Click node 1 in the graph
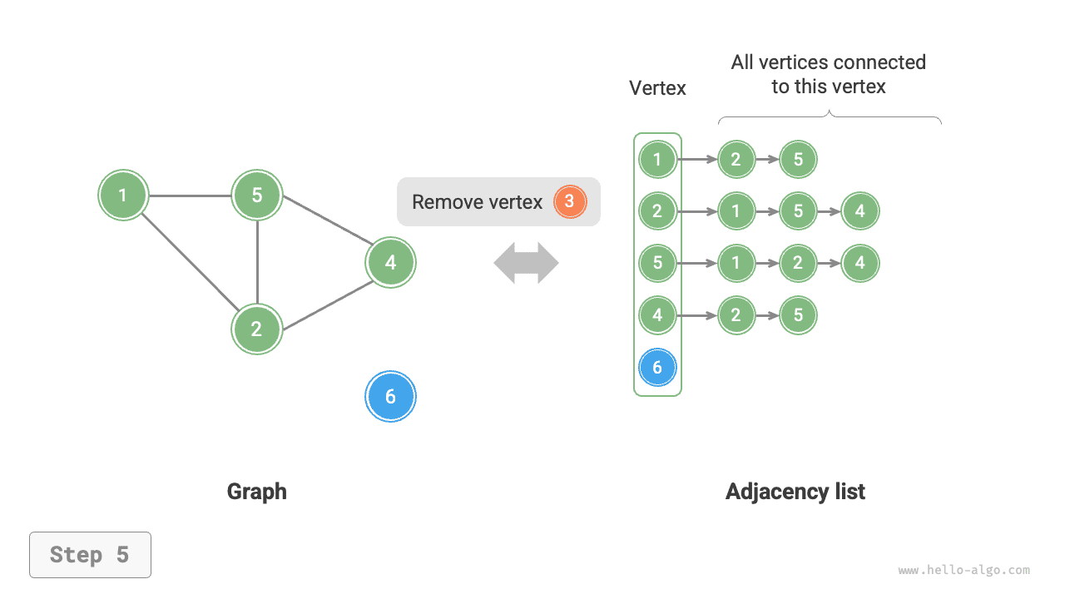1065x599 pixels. [123, 196]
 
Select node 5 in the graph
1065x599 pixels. [257, 196]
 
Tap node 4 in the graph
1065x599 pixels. [390, 263]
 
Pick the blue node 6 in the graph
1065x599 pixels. [390, 397]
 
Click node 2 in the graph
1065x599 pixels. [257, 329]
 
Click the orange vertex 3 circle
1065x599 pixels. [570, 201]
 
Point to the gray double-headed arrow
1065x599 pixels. [526, 263]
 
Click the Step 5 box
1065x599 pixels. [90, 555]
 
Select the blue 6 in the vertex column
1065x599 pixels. [657, 367]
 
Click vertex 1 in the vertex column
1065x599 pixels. [657, 159]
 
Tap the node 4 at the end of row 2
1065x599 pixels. [859, 211]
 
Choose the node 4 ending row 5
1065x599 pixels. [859, 263]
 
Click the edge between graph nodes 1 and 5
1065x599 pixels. [190, 196]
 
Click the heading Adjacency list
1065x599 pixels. [795, 492]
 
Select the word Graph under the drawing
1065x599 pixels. [256, 492]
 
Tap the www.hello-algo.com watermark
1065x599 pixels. [963, 571]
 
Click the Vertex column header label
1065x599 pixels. [657, 88]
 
